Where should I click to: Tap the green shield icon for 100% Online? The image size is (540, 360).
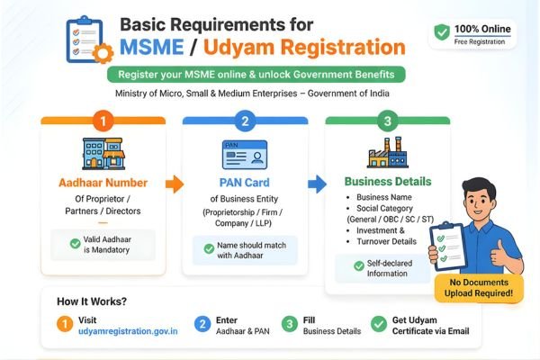(x=441, y=31)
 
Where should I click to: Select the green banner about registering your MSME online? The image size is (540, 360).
(x=255, y=74)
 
